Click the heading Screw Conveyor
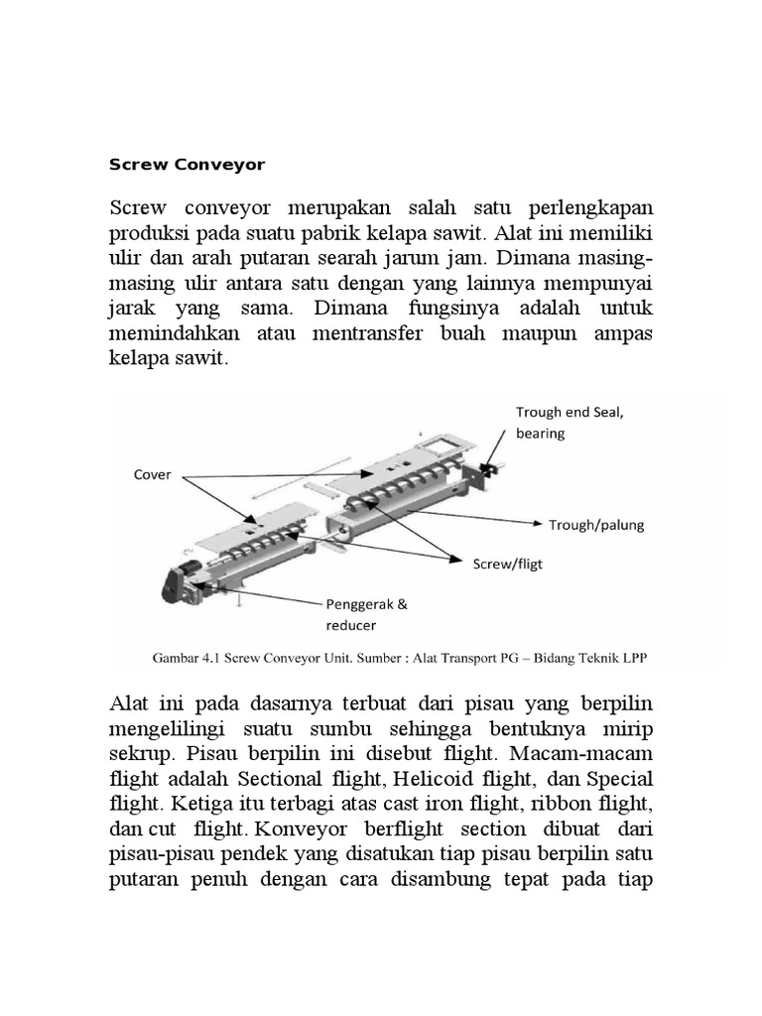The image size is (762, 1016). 187,165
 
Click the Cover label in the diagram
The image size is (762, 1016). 152,474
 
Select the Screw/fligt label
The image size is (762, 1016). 506,564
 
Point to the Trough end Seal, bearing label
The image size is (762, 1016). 569,423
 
